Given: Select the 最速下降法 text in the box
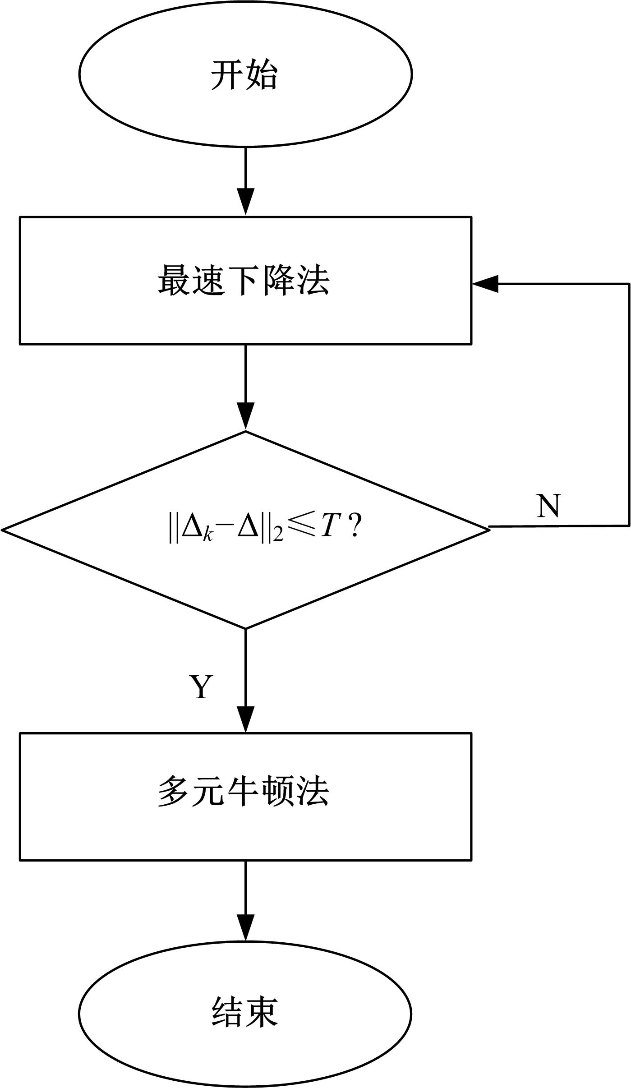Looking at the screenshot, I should [x=244, y=281].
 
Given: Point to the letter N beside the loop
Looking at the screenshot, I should [x=548, y=506].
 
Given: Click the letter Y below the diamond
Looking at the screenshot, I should [x=201, y=687].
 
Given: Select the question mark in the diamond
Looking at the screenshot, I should [x=354, y=527].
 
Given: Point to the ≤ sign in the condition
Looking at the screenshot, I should [x=301, y=527].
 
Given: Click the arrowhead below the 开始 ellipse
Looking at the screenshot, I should [x=245, y=201].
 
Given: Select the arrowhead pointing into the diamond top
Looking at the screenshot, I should [x=245, y=416].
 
